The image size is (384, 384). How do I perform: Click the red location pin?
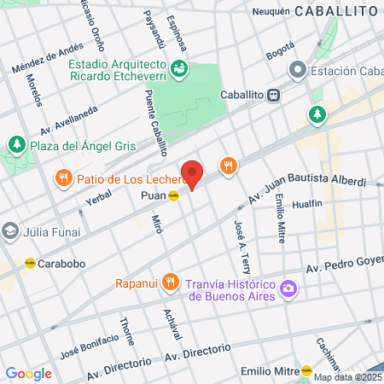(x=192, y=173)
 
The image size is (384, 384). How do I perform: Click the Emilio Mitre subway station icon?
(x=306, y=369)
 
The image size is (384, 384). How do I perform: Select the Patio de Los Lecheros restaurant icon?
(x=63, y=178)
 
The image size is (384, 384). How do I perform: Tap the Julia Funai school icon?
(x=9, y=230)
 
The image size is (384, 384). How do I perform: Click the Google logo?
(x=28, y=373)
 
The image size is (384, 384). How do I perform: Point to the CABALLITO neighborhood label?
(x=335, y=11)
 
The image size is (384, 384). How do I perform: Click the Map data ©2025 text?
(x=348, y=377)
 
